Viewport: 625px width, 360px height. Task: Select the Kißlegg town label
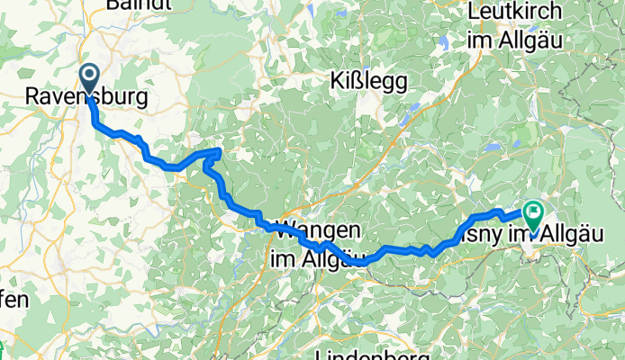coord(370,81)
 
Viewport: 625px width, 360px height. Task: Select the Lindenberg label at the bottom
coord(369,353)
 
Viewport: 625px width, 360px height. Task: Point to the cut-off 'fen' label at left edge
coord(14,299)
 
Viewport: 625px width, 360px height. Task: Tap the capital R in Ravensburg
coord(32,95)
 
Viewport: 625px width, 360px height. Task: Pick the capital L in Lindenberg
coord(325,353)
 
